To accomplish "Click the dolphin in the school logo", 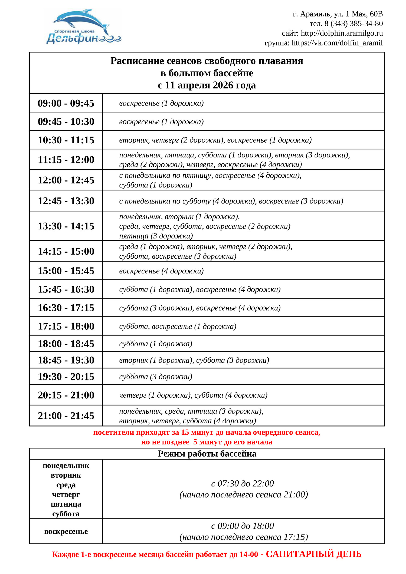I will click(81, 20).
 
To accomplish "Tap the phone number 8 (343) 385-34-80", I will click(353, 24).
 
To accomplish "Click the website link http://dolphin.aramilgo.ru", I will click(342, 33).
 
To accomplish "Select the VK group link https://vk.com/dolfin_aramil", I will click(337, 43).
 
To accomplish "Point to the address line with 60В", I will click(338, 14).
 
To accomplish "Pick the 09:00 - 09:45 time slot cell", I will click(66, 103).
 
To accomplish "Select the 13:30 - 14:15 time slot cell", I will click(66, 226).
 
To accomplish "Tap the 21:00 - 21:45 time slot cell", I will click(66, 416).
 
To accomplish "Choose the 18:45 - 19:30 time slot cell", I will click(66, 360).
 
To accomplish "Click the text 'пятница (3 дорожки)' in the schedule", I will click(156, 236).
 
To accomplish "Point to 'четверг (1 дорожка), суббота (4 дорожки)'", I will click(193, 395).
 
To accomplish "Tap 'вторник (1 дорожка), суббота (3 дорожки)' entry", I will click(194, 360).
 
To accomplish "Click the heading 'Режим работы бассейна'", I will click(207, 454).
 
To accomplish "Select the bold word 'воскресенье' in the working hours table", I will click(66, 532).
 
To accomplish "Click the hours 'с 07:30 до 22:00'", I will click(242, 483).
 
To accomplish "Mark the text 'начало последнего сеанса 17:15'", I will click(244, 537).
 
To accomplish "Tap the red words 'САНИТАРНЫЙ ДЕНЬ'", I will click(313, 554).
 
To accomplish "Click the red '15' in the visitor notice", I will click(185, 432).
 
